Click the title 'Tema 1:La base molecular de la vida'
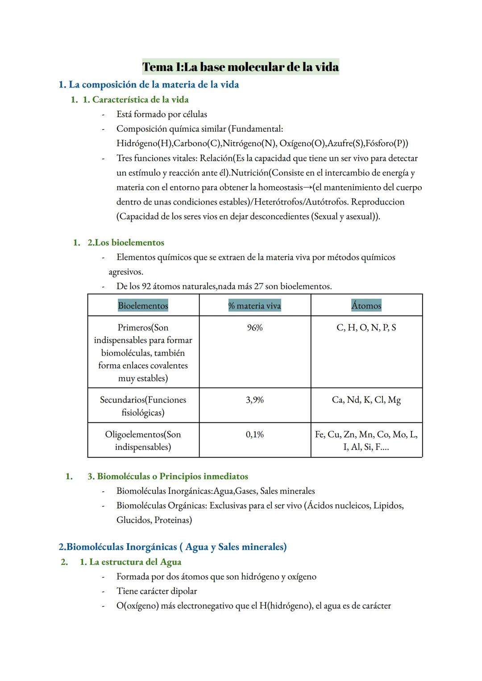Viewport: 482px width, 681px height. pos(241,67)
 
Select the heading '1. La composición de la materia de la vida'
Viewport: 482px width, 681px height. pos(149,84)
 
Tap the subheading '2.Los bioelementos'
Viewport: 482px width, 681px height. pos(125,242)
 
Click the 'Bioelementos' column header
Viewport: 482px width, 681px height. pos(143,305)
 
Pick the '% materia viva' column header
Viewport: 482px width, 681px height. pos(254,305)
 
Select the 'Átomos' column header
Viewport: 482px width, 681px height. pos(366,305)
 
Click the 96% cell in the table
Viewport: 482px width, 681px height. pos(254,328)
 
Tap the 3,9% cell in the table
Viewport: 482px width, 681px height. pos(254,400)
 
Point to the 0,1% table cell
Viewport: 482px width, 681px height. pos(254,434)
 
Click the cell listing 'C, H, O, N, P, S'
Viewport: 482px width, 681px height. pos(366,328)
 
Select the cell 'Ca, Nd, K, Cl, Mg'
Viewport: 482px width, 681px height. pos(366,400)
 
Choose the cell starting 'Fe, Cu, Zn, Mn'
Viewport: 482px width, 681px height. pos(366,440)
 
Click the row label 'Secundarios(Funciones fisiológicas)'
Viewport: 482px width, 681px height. pos(143,406)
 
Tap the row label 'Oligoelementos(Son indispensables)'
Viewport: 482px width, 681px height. pos(143,440)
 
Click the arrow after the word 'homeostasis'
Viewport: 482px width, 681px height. pos(307,188)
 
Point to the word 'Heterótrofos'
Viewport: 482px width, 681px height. pos(278,202)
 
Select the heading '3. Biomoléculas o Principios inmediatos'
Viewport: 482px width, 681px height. pos(168,476)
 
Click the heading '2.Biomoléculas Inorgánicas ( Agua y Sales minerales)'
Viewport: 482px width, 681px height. pos(173,547)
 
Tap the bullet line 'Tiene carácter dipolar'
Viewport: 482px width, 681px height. pos(157,591)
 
